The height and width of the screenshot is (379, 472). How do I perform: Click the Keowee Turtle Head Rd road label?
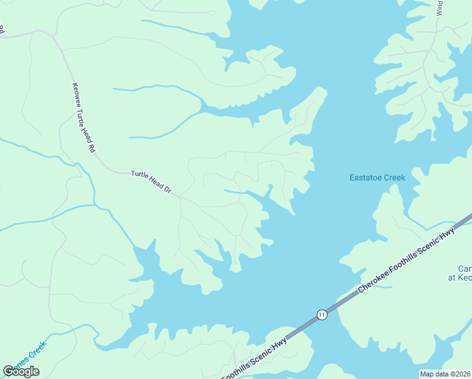coord(83,119)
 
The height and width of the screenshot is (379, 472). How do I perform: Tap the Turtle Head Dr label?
coord(151,182)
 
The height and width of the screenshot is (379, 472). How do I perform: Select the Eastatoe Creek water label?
coord(377,177)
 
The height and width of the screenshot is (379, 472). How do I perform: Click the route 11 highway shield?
coord(322,315)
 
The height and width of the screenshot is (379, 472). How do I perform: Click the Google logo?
coord(21,371)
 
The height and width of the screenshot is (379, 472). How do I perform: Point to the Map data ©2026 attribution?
coord(445,374)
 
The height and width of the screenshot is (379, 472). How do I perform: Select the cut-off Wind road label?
coord(440,8)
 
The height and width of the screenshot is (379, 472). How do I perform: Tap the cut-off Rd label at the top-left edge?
coord(2,29)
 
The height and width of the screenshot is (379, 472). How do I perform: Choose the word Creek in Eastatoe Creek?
coord(394,177)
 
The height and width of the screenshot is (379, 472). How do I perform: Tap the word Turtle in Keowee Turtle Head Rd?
coord(83,119)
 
